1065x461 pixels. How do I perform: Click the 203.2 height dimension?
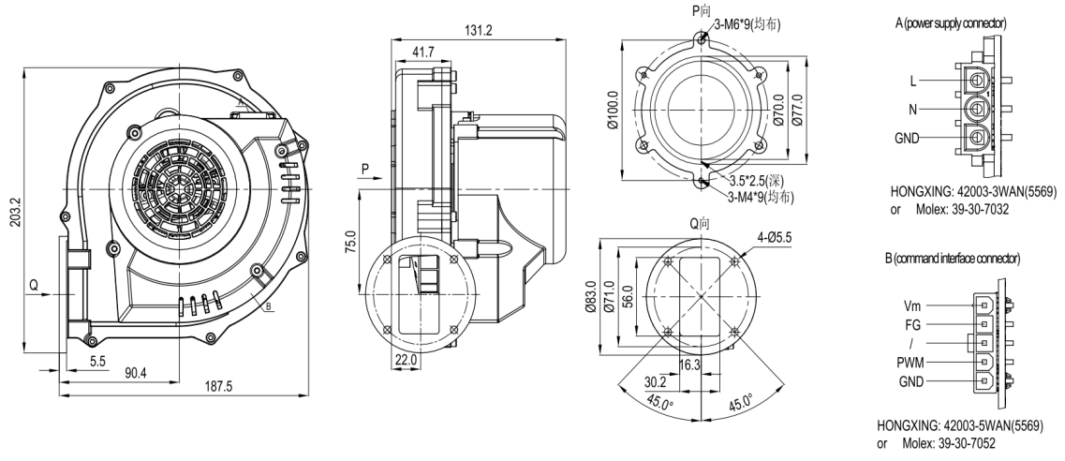point(13,211)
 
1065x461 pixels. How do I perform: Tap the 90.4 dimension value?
point(134,374)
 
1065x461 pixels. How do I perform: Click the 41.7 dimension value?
point(423,52)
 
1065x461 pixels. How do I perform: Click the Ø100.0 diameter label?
point(614,110)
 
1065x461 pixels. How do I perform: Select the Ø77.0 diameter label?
point(797,110)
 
